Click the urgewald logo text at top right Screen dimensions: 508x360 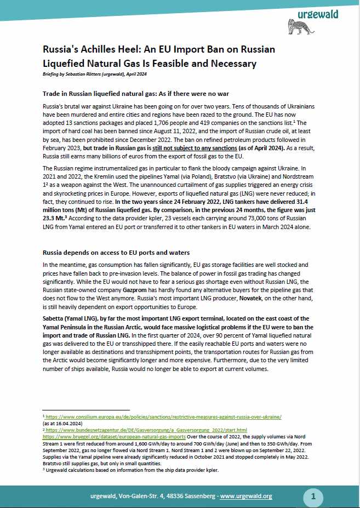click(318, 14)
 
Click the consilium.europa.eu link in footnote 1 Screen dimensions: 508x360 click(164, 417)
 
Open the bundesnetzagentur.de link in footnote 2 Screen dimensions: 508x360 click(146, 430)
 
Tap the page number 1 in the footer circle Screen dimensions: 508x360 click(313, 496)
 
